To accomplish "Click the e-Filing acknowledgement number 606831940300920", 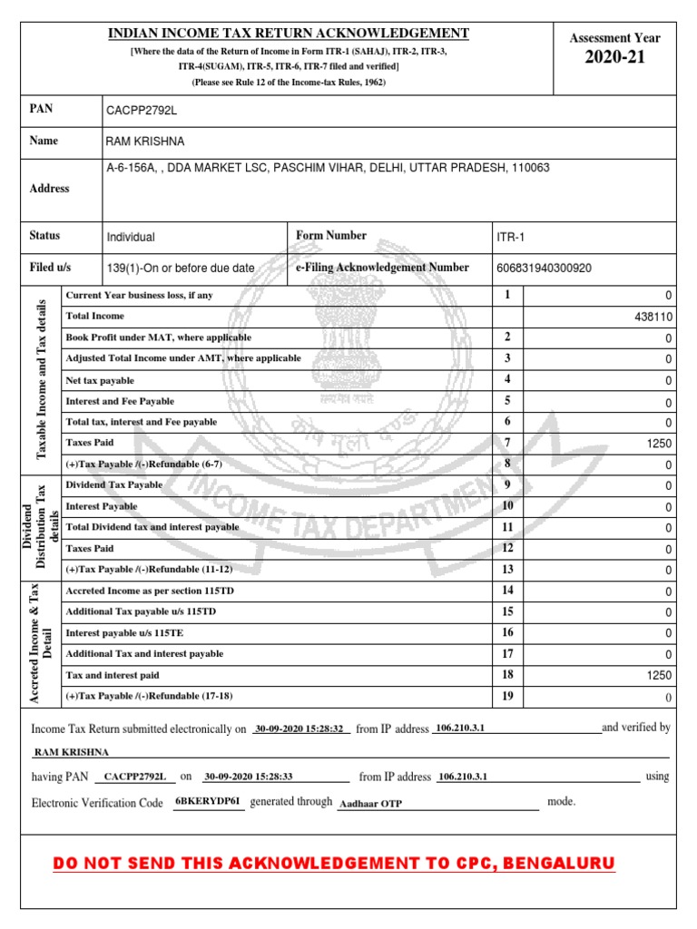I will [x=544, y=269].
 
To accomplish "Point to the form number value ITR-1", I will [x=510, y=237].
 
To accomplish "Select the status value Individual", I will [x=131, y=237].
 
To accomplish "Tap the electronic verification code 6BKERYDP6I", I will [x=209, y=802].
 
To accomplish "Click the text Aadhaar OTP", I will [x=370, y=804].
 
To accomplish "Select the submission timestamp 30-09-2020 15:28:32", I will [x=299, y=729].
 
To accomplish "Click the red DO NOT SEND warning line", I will [x=334, y=863].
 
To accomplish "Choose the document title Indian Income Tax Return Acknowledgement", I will [x=289, y=34].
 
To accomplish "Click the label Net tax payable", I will [x=101, y=379].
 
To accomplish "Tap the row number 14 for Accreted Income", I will [x=507, y=591].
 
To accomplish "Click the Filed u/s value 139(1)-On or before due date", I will [x=181, y=269].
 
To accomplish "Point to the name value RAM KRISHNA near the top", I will [x=145, y=142].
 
